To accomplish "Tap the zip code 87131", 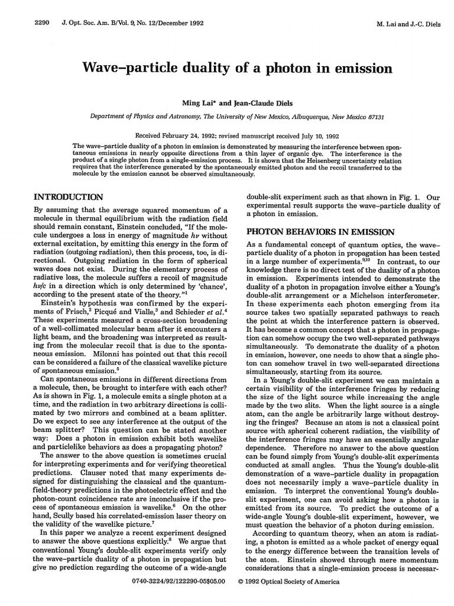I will [x=372, y=117].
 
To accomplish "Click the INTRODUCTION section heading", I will [x=69, y=196].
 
